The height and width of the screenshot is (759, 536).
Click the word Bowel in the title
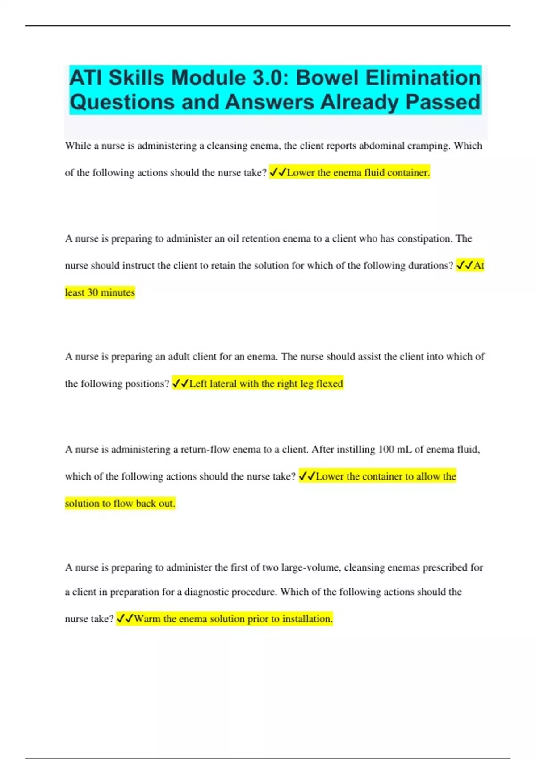(328, 78)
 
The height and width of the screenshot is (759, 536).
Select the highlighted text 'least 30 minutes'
(100, 292)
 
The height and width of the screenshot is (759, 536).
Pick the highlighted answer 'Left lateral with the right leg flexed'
(266, 384)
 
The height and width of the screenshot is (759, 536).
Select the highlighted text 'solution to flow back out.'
(120, 504)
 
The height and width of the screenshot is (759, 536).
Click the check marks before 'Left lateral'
(180, 384)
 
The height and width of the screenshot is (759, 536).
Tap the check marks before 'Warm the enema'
(125, 619)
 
